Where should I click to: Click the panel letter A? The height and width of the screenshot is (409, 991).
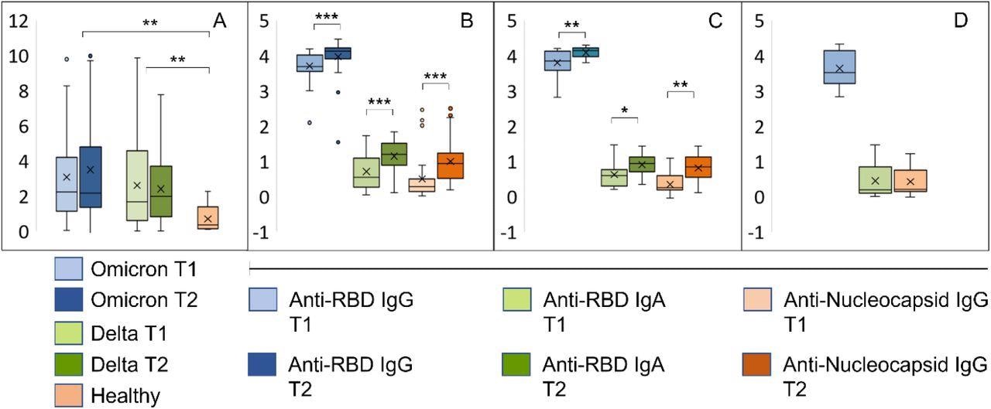pos(220,21)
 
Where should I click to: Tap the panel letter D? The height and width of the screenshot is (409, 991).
pos(960,21)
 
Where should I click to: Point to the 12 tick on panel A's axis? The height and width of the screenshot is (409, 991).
pos(19,21)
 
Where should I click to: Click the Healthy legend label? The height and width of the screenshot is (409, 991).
pos(125,396)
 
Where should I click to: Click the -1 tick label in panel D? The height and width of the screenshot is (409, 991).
pos(758,232)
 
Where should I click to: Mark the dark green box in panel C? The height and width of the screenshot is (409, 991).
pos(641,164)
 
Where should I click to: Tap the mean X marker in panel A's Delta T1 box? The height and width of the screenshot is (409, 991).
pos(137,186)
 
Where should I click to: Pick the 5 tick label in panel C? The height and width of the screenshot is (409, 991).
pos(511,21)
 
